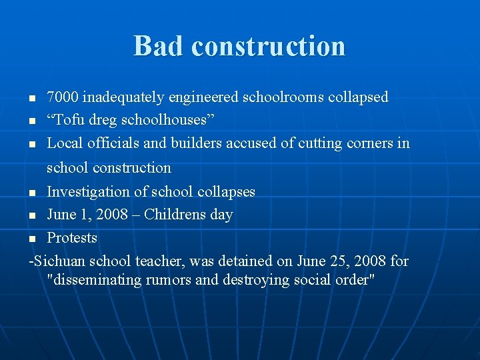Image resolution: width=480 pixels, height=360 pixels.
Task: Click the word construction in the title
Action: [268, 46]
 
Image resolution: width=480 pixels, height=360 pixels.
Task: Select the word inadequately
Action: [123, 97]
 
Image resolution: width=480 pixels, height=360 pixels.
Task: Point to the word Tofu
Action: [69, 121]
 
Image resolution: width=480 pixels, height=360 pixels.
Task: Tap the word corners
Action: [367, 143]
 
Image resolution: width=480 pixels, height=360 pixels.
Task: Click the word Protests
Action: [72, 238]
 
